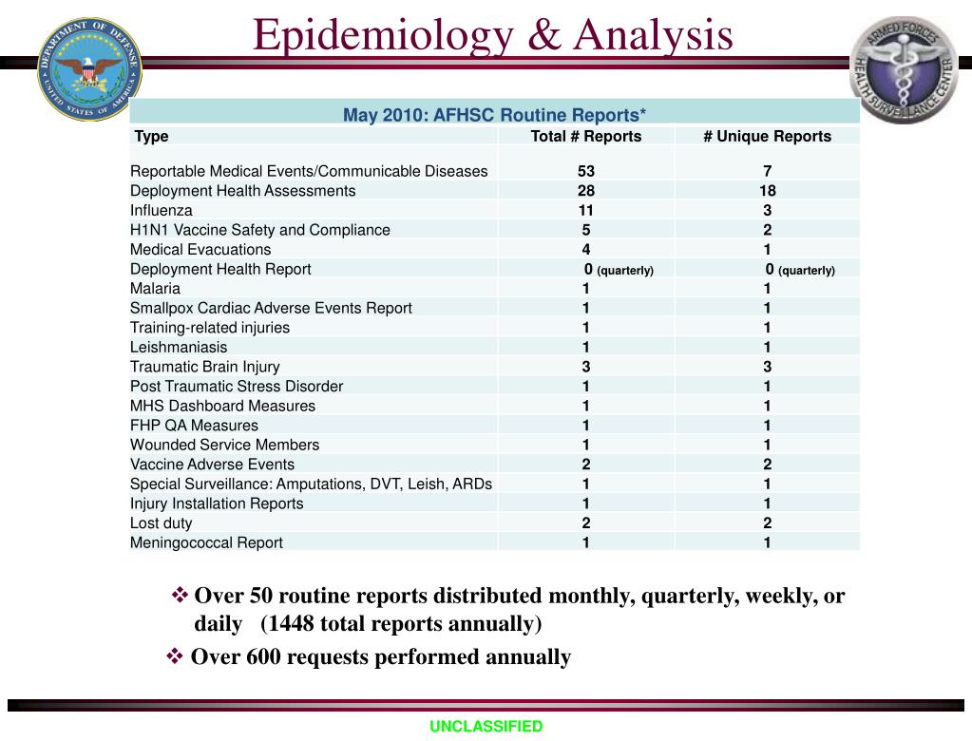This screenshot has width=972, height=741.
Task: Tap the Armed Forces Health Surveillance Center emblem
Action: (903, 68)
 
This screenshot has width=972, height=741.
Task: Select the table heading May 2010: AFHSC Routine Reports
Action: (494, 115)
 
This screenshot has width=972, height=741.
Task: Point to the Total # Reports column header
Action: (585, 136)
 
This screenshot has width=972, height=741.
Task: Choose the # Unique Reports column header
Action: (767, 136)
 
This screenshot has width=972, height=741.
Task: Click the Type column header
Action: (152, 136)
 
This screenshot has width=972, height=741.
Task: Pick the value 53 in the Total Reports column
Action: (585, 171)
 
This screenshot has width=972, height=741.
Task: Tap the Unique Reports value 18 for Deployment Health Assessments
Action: (767, 191)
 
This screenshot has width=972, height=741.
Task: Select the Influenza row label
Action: (162, 210)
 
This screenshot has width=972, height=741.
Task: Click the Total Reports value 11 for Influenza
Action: (585, 210)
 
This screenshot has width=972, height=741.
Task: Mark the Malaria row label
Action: (155, 288)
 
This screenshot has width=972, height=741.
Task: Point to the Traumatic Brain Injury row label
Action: (205, 367)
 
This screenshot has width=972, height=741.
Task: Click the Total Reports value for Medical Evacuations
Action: (585, 250)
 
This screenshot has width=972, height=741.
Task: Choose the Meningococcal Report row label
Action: (206, 542)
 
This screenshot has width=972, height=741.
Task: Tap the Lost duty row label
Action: (161, 523)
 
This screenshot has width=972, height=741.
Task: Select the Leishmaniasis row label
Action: (179, 347)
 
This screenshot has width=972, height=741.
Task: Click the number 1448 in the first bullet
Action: (291, 623)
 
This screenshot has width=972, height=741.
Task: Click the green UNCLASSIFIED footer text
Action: (486, 727)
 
